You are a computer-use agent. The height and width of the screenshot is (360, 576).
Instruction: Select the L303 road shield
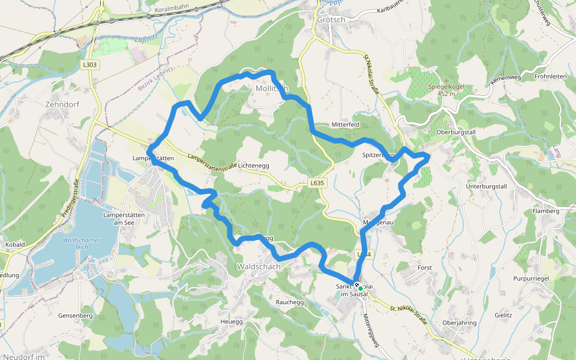pos(90,64)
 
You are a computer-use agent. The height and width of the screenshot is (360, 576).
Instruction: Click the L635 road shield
pos(317,182)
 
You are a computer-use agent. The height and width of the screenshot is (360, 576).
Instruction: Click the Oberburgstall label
pos(456,132)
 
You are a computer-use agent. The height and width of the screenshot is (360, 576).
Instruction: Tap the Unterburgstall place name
pos(487,186)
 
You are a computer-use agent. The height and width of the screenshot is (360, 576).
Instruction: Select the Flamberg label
pos(546,211)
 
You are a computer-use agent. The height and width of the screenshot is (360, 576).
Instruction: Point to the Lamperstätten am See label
pos(125,218)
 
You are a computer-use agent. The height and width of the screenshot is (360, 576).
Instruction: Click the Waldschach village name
pos(259,266)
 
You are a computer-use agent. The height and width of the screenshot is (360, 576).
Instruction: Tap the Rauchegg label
pos(290,302)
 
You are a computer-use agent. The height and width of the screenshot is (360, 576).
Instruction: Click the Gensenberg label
pos(75,315)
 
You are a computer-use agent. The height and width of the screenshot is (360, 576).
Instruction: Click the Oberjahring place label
pos(459,323)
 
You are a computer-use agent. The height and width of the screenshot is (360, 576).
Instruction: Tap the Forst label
pos(425,267)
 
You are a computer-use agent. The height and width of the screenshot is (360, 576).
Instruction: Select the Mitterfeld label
pos(345,125)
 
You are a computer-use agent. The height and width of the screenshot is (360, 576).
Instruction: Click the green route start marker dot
pos(361,289)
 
